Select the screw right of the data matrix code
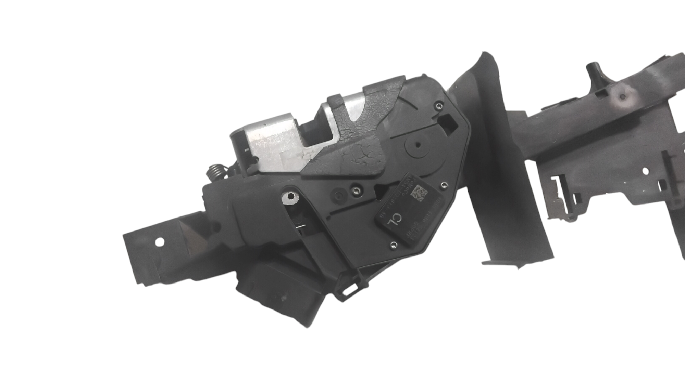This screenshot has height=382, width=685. click(x=444, y=184)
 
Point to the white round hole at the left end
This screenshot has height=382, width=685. click(x=159, y=242)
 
